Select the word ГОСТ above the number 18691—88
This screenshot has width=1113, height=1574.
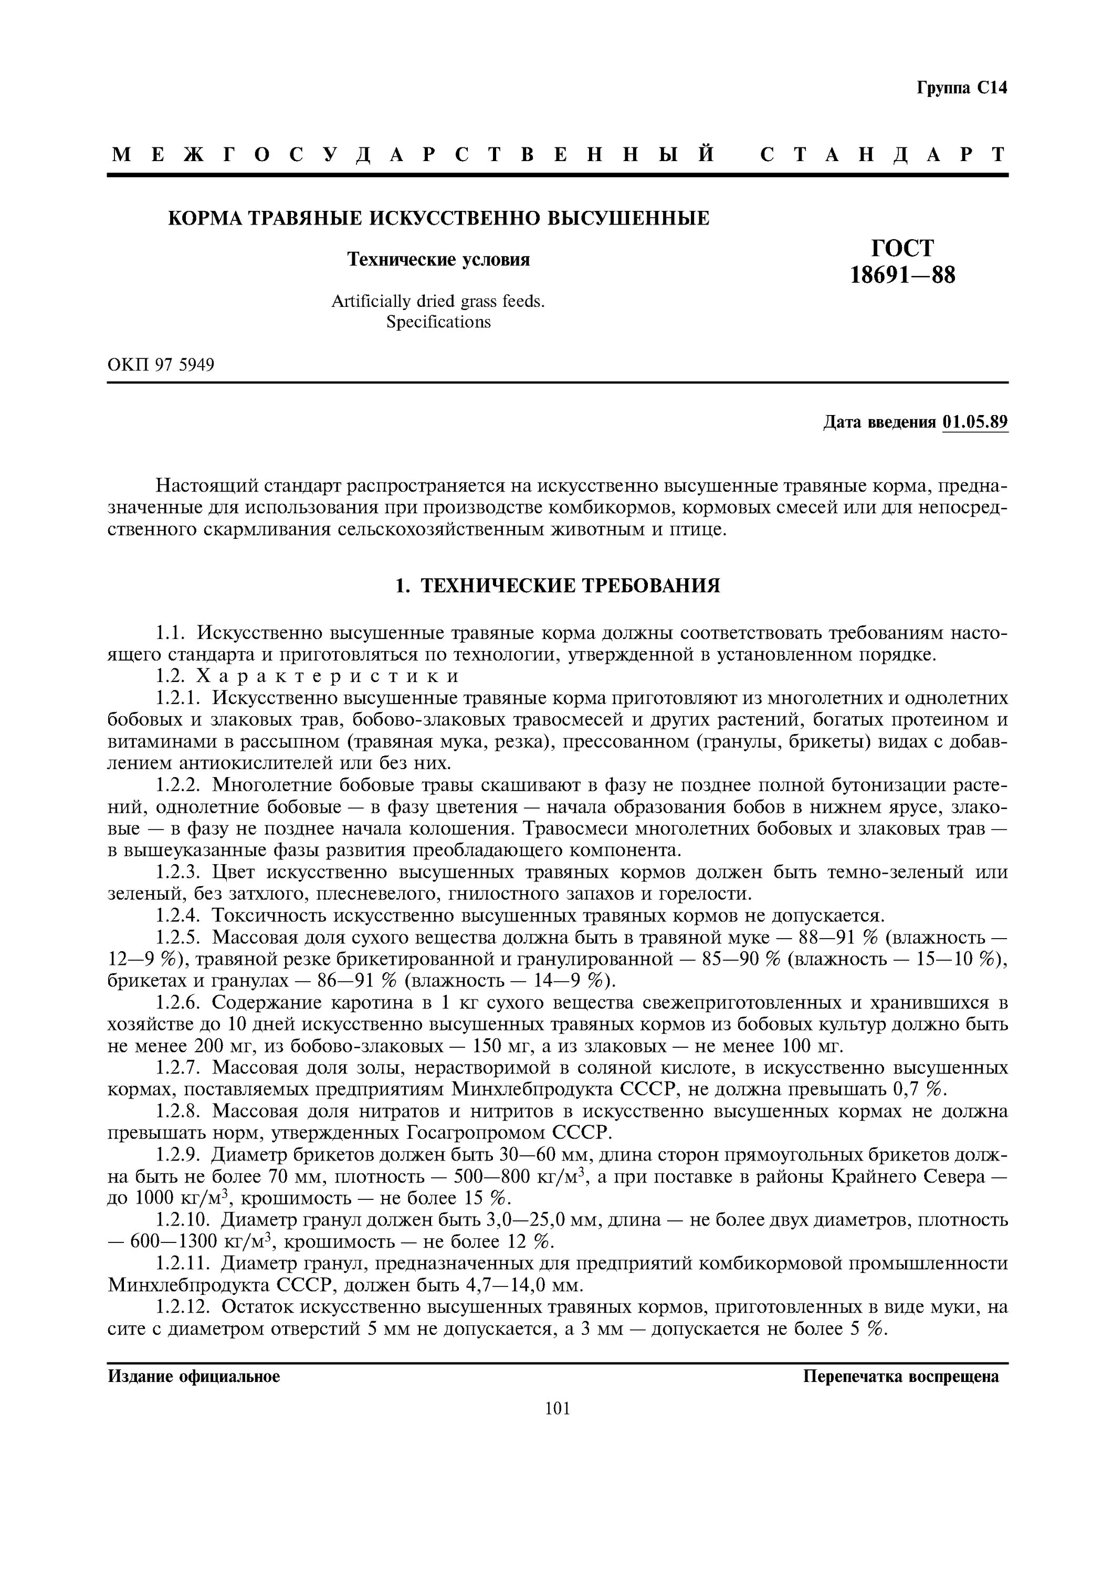(902, 248)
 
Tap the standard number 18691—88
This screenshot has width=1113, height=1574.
(902, 275)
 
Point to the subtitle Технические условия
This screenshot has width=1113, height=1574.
(438, 259)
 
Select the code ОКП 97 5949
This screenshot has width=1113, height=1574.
(161, 365)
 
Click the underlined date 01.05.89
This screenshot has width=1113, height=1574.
(975, 422)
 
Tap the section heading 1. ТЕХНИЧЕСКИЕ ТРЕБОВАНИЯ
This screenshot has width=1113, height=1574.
(558, 586)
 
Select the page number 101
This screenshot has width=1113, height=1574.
(558, 1408)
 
